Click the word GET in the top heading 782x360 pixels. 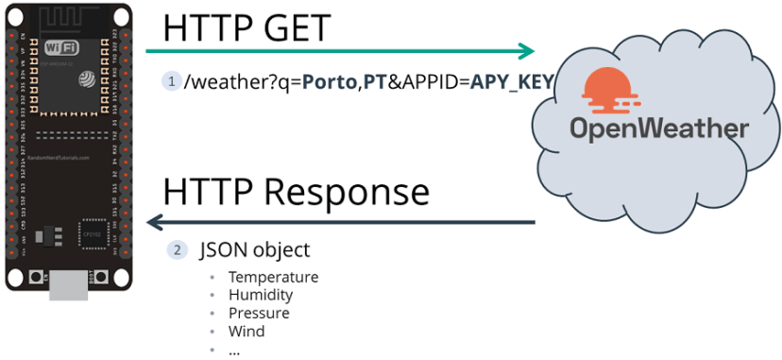(x=293, y=27)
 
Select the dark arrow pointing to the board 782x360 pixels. (x=340, y=223)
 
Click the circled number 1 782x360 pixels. (x=171, y=81)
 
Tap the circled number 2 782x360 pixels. (x=177, y=250)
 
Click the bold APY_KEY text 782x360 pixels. (x=511, y=81)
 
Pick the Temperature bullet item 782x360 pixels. (x=273, y=277)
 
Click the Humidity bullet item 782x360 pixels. (x=261, y=295)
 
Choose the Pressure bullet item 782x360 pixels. (x=259, y=313)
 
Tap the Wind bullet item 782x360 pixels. (x=246, y=331)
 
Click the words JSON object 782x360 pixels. (x=254, y=250)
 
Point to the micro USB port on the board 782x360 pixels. (x=67, y=281)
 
